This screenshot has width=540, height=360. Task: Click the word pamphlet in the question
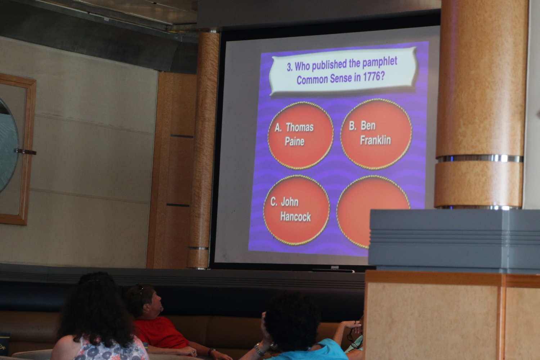click(380, 63)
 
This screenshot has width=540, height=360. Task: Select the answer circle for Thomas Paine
click(301, 135)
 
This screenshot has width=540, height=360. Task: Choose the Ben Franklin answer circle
click(376, 134)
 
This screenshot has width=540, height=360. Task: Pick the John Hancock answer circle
click(297, 210)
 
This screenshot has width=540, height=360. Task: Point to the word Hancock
click(295, 217)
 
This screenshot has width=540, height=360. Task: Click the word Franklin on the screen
click(375, 140)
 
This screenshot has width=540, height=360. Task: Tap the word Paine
click(294, 141)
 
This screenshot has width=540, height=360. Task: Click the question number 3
click(289, 67)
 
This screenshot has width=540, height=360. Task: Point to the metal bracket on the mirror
click(26, 152)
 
